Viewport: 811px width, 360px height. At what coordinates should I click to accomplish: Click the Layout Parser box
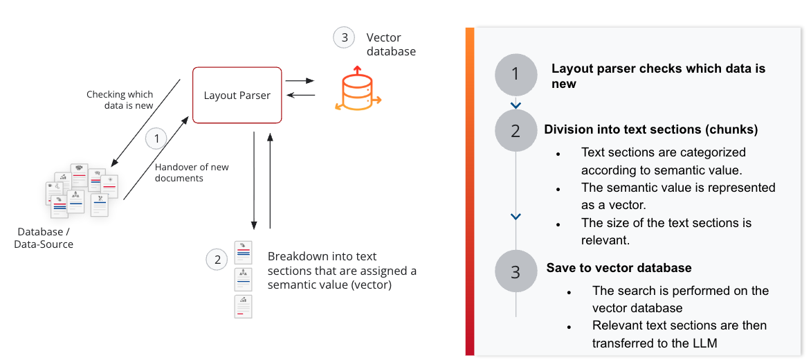click(x=237, y=96)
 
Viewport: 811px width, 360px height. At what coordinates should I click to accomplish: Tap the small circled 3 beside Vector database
click(x=344, y=37)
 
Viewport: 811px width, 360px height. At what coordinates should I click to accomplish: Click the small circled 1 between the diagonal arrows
click(x=157, y=138)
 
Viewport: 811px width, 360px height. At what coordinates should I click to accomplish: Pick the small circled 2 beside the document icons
click(x=217, y=260)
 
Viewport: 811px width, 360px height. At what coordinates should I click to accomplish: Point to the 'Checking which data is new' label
click(x=120, y=100)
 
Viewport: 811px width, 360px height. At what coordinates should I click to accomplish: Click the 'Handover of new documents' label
click(x=192, y=172)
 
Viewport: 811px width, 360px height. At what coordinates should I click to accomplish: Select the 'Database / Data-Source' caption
click(x=44, y=237)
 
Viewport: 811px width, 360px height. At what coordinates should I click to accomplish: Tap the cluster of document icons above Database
click(x=82, y=190)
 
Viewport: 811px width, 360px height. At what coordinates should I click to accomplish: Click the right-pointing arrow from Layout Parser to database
click(x=300, y=81)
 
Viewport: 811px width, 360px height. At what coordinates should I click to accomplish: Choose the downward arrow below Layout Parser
click(x=255, y=180)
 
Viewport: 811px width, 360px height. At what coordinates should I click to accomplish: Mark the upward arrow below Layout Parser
click(x=270, y=180)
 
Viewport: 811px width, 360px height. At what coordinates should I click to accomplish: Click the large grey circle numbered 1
click(x=516, y=75)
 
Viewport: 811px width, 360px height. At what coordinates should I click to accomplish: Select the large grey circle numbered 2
click(x=516, y=130)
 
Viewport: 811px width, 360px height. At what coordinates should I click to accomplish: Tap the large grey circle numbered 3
click(x=516, y=271)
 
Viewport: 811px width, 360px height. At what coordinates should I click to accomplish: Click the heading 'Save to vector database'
click(x=619, y=268)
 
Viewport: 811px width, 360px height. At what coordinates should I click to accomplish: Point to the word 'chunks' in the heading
click(x=734, y=129)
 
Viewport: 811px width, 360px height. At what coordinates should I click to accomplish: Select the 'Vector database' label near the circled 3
click(x=391, y=44)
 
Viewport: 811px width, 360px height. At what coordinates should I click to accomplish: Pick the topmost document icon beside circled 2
click(x=243, y=253)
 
